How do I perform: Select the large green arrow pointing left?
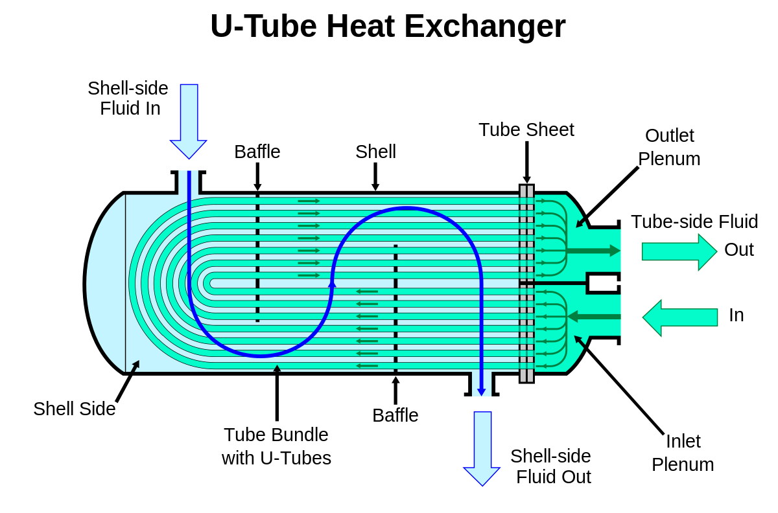(x=680, y=317)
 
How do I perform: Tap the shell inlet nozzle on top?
(x=189, y=182)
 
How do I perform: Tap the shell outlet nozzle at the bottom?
(x=482, y=384)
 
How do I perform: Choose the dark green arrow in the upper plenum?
(x=593, y=251)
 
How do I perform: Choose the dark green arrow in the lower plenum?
(x=594, y=317)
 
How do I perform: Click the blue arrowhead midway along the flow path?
(x=332, y=284)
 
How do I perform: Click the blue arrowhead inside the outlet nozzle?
(x=482, y=391)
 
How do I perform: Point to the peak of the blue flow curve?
(x=407, y=209)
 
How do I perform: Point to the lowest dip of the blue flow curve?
(x=261, y=356)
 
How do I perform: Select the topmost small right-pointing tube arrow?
(x=309, y=201)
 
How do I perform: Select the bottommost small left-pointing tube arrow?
(x=367, y=366)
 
